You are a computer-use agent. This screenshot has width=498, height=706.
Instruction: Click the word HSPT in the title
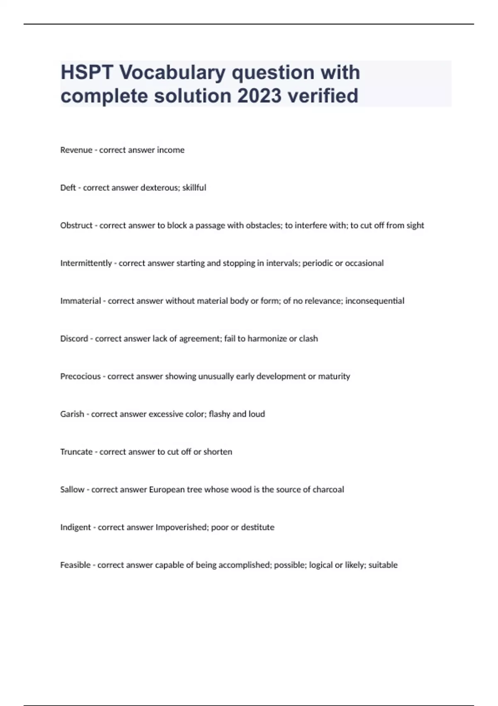pyautogui.click(x=87, y=73)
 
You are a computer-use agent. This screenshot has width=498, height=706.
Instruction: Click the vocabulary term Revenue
pyautogui.click(x=76, y=150)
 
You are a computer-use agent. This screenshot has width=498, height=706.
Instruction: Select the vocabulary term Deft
pyautogui.click(x=68, y=188)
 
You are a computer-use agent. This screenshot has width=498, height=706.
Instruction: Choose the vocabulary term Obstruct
pyautogui.click(x=76, y=226)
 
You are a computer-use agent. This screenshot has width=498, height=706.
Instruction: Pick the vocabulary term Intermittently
pyautogui.click(x=86, y=263)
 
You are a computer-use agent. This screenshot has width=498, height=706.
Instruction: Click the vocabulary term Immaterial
pyautogui.click(x=81, y=301)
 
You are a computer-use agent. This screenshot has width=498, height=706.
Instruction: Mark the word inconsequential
pyautogui.click(x=375, y=301)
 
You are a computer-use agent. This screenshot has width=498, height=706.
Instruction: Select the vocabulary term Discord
pyautogui.click(x=74, y=339)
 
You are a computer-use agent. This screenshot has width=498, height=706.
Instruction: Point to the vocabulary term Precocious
pyautogui.click(x=81, y=377)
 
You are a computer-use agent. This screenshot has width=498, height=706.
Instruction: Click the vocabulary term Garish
pyautogui.click(x=72, y=414)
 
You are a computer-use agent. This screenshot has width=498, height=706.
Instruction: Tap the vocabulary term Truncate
pyautogui.click(x=76, y=452)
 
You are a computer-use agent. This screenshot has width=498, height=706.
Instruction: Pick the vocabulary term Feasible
pyautogui.click(x=75, y=565)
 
